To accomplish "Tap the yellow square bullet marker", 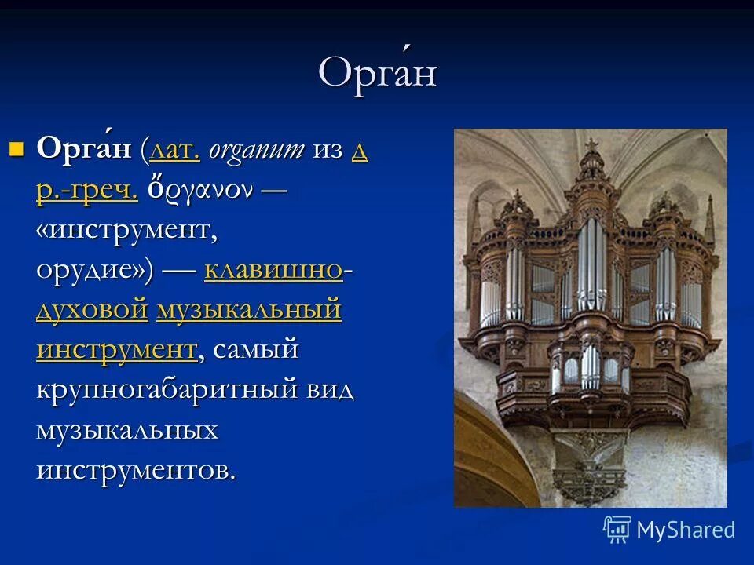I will click(x=17, y=148).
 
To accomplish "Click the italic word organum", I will click(x=256, y=150).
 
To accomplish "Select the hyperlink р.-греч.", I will click(x=86, y=190).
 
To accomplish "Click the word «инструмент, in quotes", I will click(x=126, y=230).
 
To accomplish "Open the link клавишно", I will click(x=273, y=270).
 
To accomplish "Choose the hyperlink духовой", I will click(x=91, y=310).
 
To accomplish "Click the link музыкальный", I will click(x=249, y=310).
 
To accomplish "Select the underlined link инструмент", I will click(x=116, y=349).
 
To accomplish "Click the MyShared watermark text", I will click(x=686, y=530).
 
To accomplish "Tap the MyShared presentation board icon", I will click(x=617, y=530).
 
